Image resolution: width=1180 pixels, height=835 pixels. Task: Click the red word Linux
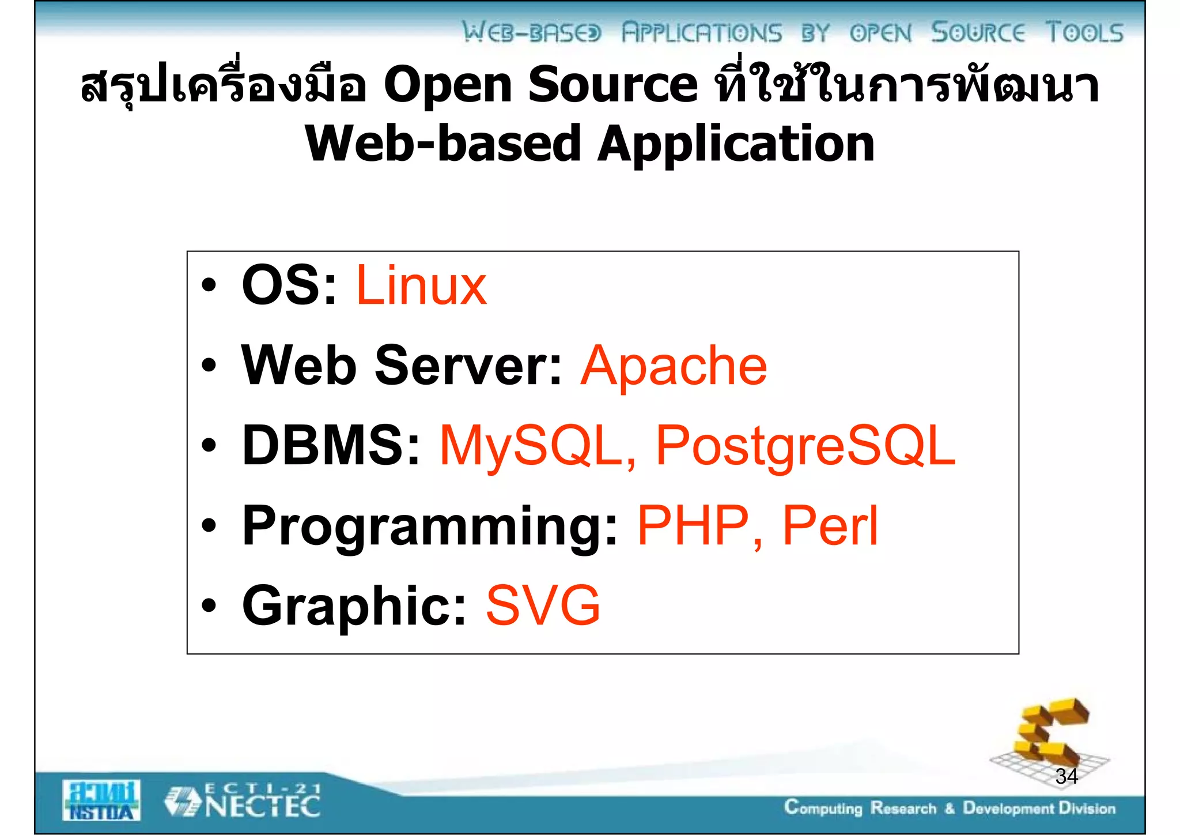pyautogui.click(x=421, y=285)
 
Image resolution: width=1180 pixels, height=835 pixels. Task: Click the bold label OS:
pyautogui.click(x=289, y=285)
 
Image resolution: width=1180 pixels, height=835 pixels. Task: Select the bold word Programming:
pyautogui.click(x=429, y=526)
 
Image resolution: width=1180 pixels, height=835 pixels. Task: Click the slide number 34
pyautogui.click(x=1066, y=777)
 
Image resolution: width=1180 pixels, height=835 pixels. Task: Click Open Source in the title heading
pyautogui.click(x=540, y=85)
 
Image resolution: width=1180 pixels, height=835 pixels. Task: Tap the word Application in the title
pyautogui.click(x=735, y=144)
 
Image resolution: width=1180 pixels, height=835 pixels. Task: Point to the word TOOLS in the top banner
pyautogui.click(x=1084, y=33)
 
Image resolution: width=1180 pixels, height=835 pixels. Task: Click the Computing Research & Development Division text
pyautogui.click(x=950, y=808)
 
